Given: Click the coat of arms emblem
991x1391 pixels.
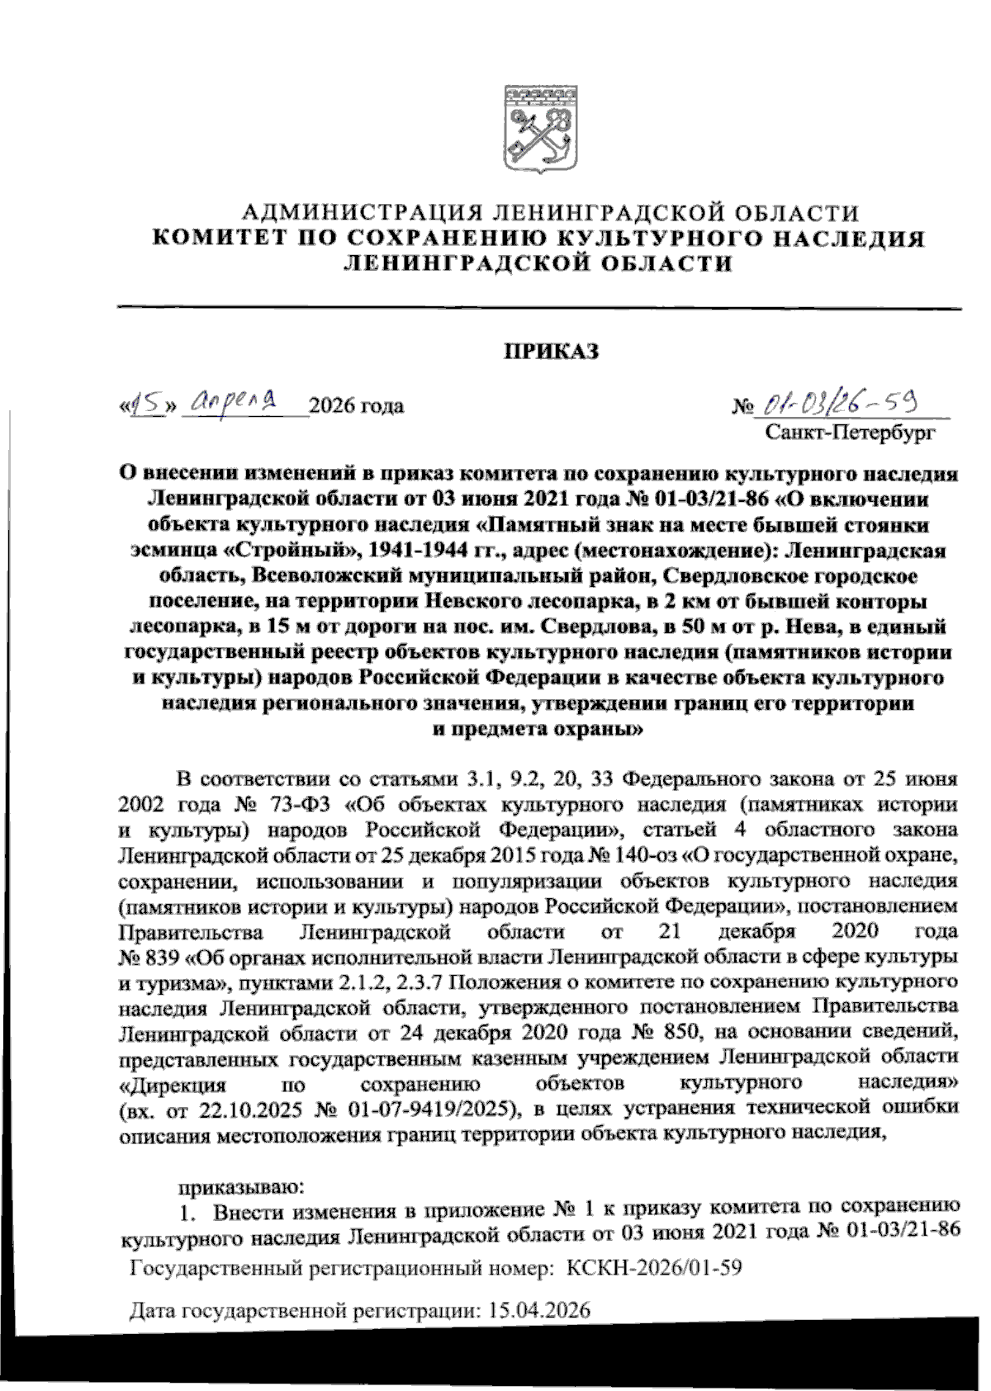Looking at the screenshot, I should pos(541,129).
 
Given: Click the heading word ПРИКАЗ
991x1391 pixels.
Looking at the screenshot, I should pos(551,352).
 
